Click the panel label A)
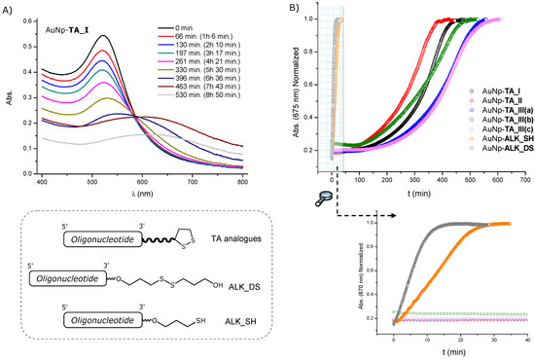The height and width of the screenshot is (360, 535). point(10,7)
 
